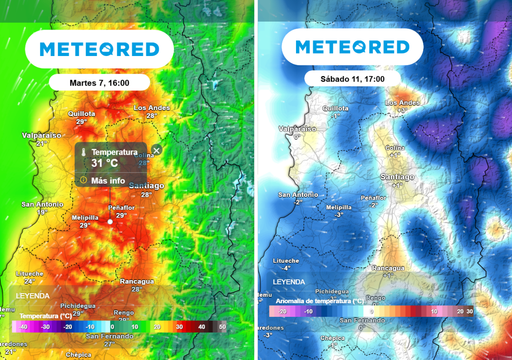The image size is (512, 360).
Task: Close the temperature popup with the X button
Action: [156, 149]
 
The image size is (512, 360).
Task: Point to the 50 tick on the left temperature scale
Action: [223, 327]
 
